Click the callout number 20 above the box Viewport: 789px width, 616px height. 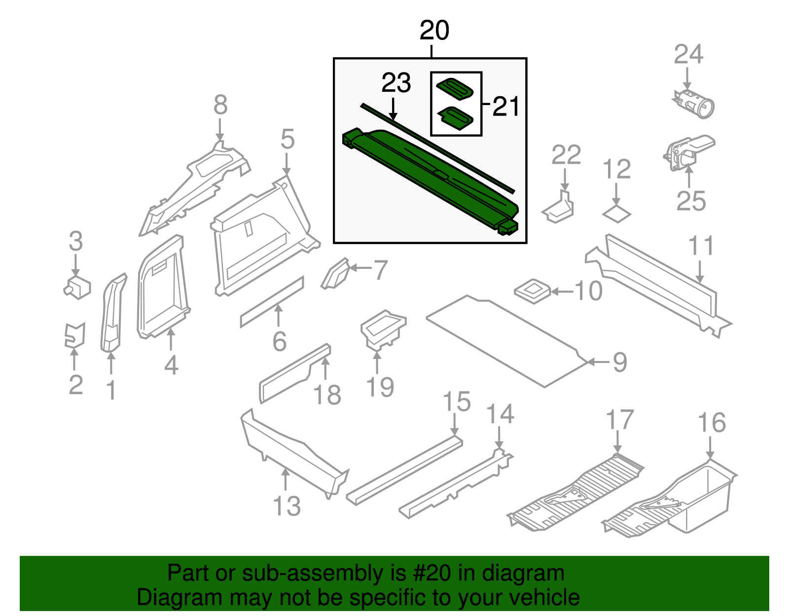434,31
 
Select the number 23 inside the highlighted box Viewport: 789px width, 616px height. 396,83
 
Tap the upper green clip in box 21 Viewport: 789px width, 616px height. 456,89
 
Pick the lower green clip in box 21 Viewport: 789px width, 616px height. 456,116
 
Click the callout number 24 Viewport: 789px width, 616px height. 688,54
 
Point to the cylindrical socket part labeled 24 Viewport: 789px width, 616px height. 695,104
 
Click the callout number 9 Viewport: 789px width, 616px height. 619,362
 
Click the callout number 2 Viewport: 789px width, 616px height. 75,385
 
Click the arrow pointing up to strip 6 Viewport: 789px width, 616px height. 279,316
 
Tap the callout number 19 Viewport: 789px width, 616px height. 380,387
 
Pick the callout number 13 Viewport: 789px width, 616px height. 287,507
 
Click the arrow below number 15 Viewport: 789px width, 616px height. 455,424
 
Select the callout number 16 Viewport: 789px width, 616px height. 712,423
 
